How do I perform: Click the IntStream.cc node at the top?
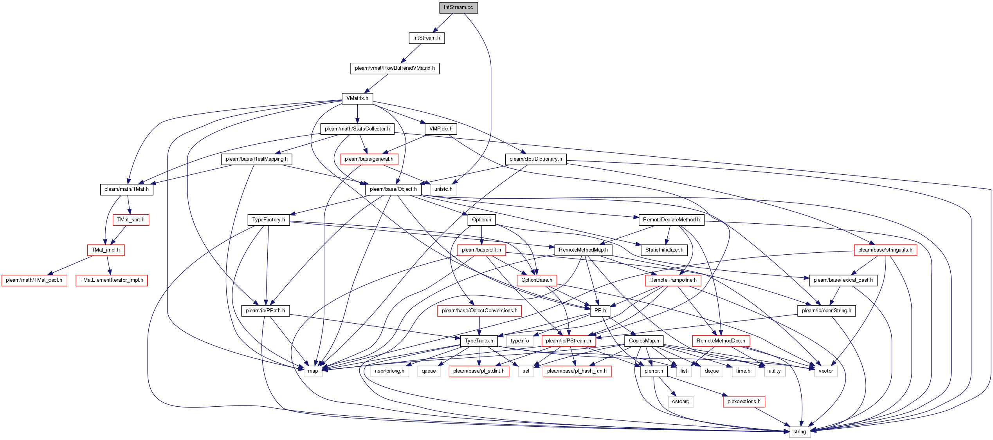[458, 7]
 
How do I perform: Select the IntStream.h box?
[426, 38]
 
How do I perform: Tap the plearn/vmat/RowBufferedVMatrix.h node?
[395, 68]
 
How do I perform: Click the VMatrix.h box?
[357, 98]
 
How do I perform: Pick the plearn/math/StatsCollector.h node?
[357, 129]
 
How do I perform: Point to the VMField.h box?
[441, 129]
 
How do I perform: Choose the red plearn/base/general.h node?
[369, 159]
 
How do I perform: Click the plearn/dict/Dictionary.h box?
[535, 159]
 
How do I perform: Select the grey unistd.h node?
[443, 189]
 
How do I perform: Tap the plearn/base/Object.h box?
[393, 189]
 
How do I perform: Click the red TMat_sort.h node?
[131, 220]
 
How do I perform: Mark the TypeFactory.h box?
[269, 220]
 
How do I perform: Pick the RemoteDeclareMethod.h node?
[671, 220]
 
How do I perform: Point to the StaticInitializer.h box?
[664, 250]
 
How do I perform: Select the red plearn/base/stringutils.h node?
[885, 250]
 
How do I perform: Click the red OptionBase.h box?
[537, 280]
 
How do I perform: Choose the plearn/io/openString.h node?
[826, 311]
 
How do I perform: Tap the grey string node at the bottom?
[800, 432]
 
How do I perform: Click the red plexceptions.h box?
[744, 402]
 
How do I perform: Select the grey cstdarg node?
[681, 402]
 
